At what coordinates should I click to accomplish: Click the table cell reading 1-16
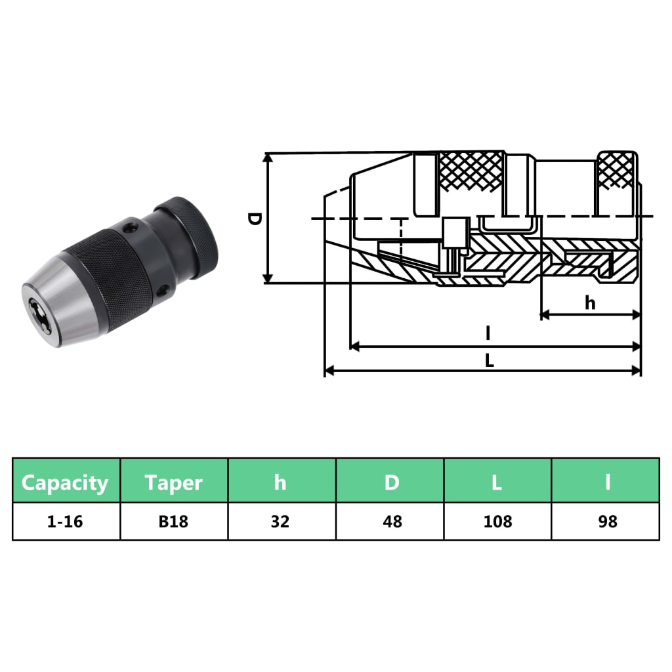pos(66,522)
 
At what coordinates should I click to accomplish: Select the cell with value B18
pos(174,522)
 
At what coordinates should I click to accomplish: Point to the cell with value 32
pos(281,522)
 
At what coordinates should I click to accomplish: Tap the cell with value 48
pos(391,522)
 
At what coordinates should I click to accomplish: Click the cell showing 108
pos(497,522)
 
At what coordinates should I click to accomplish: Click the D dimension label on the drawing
pos(255,219)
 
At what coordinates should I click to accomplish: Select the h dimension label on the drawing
pos(590,303)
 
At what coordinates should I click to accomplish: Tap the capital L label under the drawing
pos(490,360)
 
